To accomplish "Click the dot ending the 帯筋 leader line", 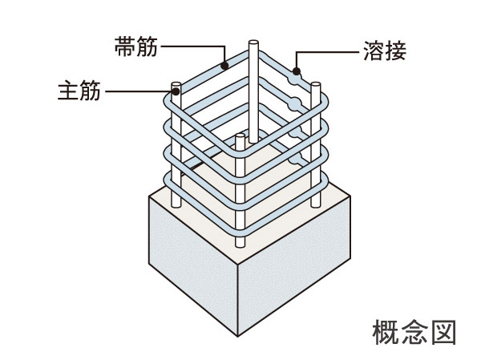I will pyautogui.click(x=226, y=64).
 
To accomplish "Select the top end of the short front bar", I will pyautogui.click(x=239, y=138).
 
